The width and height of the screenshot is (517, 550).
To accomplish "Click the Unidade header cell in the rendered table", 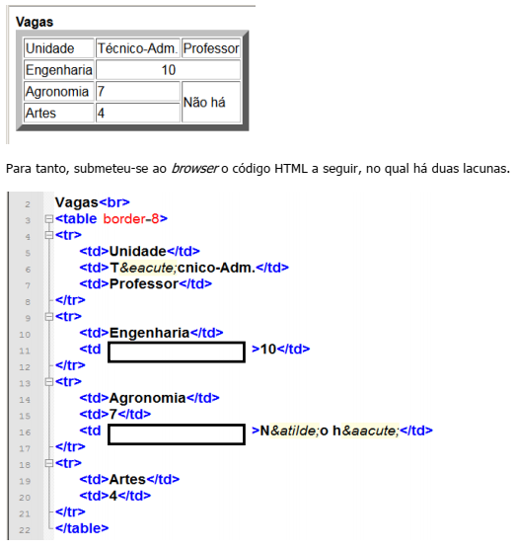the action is point(59,48).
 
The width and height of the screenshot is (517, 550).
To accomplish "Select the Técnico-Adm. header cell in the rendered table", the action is point(138,48).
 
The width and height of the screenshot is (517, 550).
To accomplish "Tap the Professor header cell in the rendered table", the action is point(211,48).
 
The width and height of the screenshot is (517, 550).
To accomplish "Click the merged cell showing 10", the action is point(169,70).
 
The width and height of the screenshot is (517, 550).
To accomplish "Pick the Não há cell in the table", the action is point(211,102).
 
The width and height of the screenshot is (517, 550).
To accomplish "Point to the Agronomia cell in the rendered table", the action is point(59,92).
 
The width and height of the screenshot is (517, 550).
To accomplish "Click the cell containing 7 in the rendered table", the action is point(138,92).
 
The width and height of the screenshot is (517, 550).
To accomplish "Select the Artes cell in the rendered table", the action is point(59,113).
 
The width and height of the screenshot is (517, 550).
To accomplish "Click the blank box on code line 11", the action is point(177,352).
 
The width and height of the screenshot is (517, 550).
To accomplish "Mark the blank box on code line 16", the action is point(177,434).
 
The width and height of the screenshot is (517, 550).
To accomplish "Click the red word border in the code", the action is point(124,219).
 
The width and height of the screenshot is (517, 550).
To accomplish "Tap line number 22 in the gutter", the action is point(25,530).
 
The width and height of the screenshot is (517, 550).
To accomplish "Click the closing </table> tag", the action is point(82,528).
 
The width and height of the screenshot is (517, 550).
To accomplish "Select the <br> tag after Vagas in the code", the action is point(114,202).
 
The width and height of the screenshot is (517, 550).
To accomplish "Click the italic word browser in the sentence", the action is point(195,169).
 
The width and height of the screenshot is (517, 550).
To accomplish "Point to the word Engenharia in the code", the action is point(149,333).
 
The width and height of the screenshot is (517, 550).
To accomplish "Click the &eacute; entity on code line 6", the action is point(148,268).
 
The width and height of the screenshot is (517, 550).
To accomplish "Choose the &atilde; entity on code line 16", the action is point(294,431).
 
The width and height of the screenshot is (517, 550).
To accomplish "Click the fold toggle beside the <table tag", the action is point(49,219).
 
